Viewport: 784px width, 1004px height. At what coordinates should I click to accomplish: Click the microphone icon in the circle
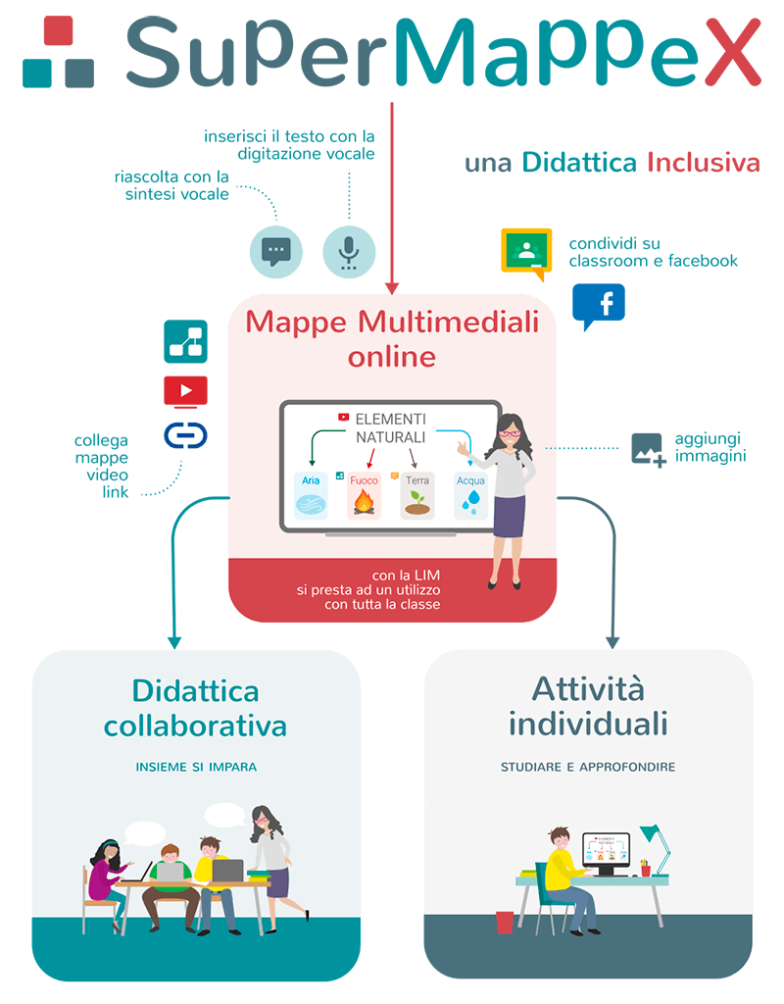point(349,251)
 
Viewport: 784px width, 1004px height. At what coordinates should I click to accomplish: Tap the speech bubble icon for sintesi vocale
point(275,251)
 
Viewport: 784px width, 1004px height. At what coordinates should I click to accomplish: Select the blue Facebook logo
point(598,305)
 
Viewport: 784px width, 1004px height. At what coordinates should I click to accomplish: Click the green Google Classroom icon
point(527,249)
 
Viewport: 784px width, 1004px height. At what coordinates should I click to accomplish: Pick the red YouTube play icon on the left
point(185,390)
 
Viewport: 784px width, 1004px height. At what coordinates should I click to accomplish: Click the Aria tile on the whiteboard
point(312,495)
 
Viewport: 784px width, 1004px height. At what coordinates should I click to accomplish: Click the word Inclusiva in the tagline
point(703,163)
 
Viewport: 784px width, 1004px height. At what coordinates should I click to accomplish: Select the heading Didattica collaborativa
point(195,708)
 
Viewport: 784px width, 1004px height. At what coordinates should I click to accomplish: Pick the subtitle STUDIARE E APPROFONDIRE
point(588,767)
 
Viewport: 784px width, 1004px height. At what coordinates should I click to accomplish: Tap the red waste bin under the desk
point(505,922)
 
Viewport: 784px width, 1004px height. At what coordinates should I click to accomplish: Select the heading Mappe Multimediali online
point(392,337)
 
